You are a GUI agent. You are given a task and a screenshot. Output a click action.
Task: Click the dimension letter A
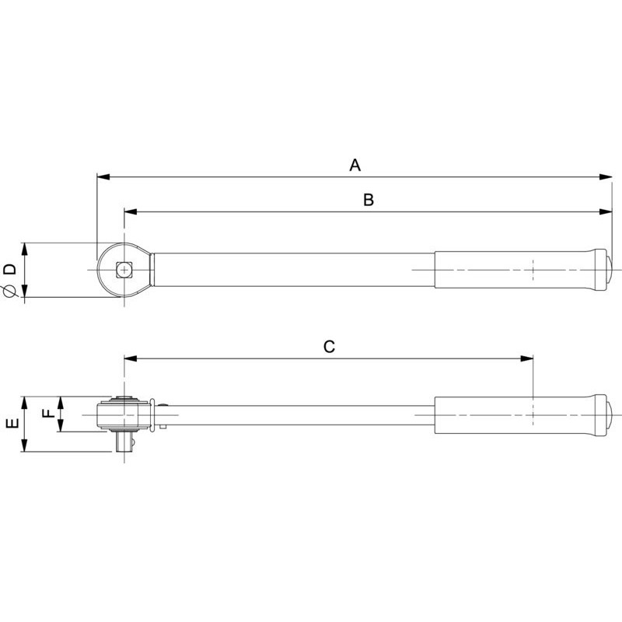pos(355,165)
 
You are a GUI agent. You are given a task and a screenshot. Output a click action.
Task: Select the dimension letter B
pos(369,200)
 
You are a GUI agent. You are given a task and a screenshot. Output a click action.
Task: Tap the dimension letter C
pos(329,347)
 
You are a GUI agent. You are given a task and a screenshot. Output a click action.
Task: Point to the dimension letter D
pos(10,269)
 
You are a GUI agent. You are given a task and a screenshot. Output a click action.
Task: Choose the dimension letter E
pos(12,423)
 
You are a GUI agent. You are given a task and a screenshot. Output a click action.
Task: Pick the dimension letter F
pos(48,414)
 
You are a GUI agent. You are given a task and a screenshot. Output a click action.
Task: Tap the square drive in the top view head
pos(124,270)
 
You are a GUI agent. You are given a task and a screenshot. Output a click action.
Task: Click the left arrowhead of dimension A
pos(103,177)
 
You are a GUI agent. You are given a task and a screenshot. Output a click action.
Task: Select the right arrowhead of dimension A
pos(606,177)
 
